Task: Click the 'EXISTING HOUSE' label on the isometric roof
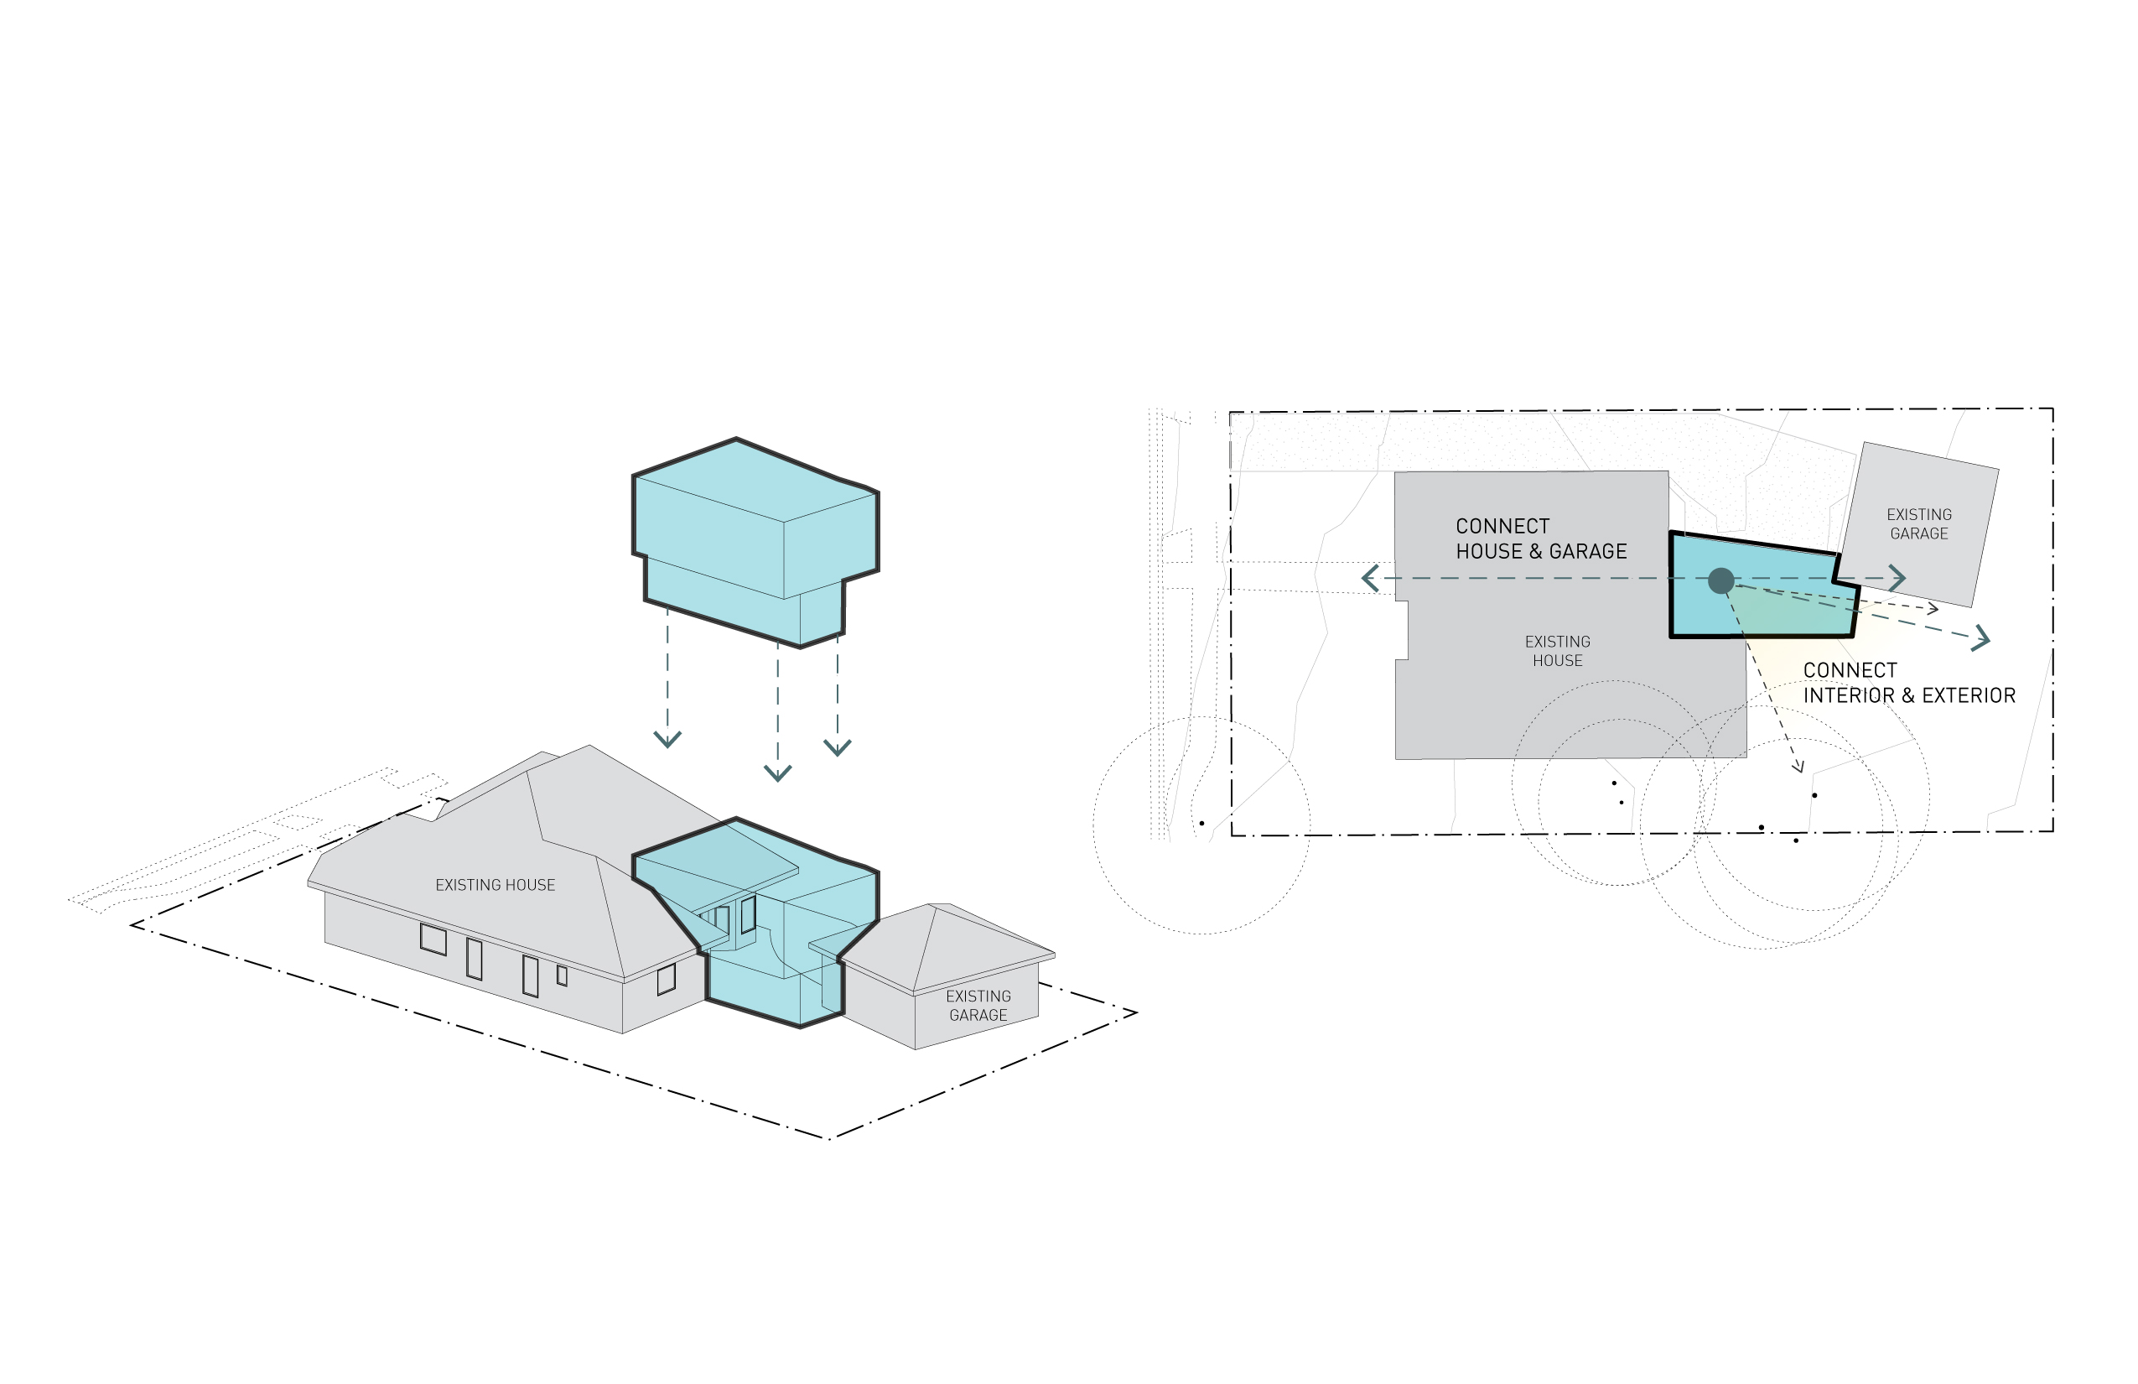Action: (x=495, y=885)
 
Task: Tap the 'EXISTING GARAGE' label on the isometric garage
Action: (x=978, y=1006)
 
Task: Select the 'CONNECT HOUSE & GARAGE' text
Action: (x=1541, y=539)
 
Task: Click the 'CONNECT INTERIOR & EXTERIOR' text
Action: (x=1909, y=683)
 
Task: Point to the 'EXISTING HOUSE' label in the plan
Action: (x=1558, y=651)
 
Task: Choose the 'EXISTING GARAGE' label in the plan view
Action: (x=1919, y=524)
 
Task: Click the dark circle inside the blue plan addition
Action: (x=1720, y=580)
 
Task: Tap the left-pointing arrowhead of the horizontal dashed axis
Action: (x=1369, y=578)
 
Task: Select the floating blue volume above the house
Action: (x=755, y=539)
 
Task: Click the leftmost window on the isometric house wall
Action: (x=433, y=939)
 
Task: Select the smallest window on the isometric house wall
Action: (x=562, y=975)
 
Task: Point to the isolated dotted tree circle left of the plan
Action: (x=1201, y=825)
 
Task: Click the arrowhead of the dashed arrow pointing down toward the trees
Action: (x=1798, y=767)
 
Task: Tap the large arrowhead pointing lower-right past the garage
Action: (x=1983, y=639)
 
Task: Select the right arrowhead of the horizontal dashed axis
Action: (x=1898, y=578)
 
